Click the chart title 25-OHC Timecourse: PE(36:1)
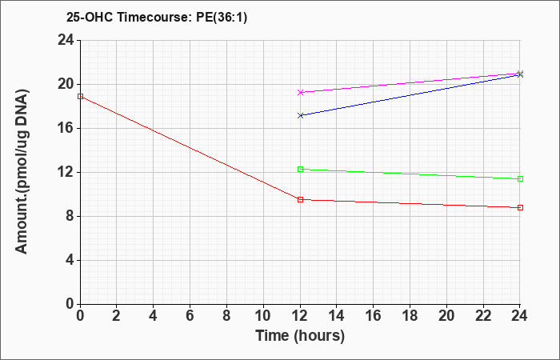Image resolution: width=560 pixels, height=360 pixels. coord(157,17)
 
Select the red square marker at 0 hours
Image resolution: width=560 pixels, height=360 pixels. coord(80,97)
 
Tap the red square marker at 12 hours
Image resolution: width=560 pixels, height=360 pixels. coord(300,200)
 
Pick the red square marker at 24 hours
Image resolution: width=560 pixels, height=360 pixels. coord(520,207)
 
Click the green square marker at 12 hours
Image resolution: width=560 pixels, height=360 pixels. coord(300,170)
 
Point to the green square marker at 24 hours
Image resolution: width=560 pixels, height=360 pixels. coord(520,179)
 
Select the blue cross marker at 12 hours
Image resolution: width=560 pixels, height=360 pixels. coord(300,115)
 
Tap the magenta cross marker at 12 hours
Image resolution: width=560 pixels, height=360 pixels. coord(300,92)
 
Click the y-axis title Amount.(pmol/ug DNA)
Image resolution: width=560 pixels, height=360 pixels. coord(22,172)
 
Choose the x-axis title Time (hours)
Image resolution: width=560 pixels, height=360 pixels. coord(300,336)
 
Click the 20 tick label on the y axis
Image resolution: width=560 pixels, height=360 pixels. coord(66,85)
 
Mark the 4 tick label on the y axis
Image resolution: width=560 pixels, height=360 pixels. coord(70,260)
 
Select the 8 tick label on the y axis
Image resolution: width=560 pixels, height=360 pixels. coord(70,217)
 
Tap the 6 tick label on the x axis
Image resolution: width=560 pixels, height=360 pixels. coord(190,316)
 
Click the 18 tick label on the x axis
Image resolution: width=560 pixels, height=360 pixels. coord(410,316)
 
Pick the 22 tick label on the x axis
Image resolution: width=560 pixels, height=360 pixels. coord(483,316)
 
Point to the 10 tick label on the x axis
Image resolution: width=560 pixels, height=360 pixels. coord(263,316)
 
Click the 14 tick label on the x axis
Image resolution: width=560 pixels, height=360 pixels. coord(337,316)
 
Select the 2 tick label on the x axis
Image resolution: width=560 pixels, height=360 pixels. coord(117,316)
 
